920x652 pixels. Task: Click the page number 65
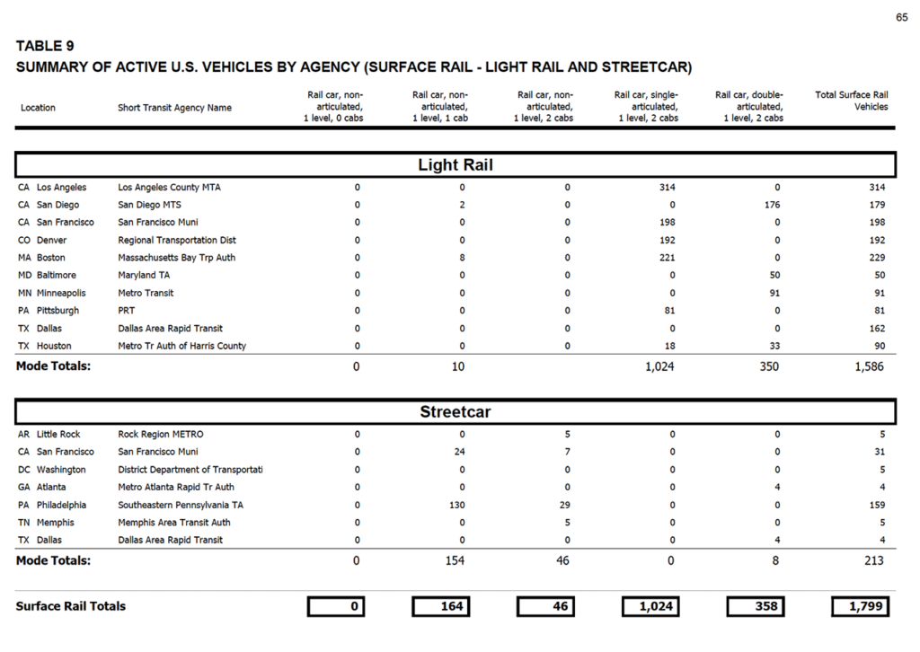pos(901,18)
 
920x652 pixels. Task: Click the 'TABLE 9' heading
pos(45,47)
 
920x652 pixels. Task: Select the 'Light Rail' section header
pos(456,165)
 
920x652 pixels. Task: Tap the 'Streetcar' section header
pos(456,412)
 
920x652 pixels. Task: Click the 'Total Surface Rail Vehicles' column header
pos(851,101)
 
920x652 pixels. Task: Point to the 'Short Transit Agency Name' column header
pos(174,108)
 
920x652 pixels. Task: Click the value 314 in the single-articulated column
pos(666,188)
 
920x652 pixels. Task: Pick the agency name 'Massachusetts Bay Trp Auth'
pos(175,258)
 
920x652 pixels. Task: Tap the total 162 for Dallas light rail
pos(877,329)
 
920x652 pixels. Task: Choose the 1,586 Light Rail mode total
pos(867,366)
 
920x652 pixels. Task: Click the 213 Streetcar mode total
pos(872,560)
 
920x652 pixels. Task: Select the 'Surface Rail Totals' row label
pos(71,606)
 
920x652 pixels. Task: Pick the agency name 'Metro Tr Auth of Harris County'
pos(181,346)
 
